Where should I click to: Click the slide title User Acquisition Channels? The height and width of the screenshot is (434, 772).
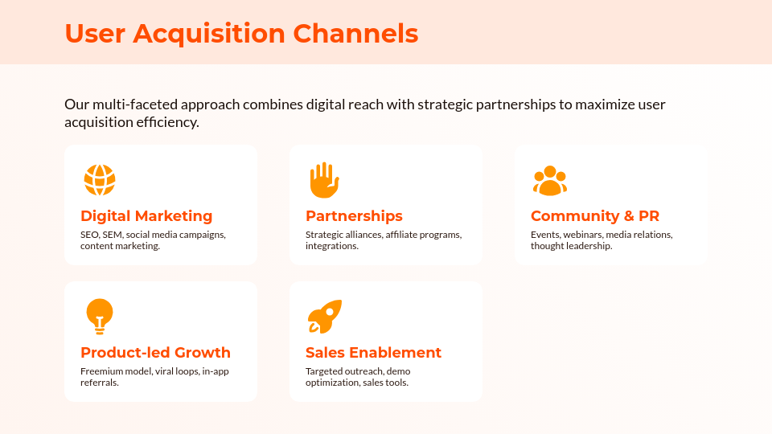241,34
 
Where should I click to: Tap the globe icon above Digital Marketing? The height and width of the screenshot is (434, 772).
100,180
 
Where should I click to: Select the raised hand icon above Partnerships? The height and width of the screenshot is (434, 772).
324,180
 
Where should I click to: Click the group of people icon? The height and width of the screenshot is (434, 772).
550,181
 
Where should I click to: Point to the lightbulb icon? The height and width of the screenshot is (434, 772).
100,316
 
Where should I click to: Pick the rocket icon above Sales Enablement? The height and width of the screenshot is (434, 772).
325,317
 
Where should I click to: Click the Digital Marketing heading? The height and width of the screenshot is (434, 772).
146,216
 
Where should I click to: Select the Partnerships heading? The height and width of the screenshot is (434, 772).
354,216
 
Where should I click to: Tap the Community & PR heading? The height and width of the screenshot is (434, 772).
595,216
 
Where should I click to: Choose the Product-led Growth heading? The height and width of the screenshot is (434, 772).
155,353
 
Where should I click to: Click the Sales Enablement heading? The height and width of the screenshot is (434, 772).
373,353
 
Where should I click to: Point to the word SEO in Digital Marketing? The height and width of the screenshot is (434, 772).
89,235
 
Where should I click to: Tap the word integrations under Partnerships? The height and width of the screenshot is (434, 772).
331,246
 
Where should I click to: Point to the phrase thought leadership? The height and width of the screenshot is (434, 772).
570,246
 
